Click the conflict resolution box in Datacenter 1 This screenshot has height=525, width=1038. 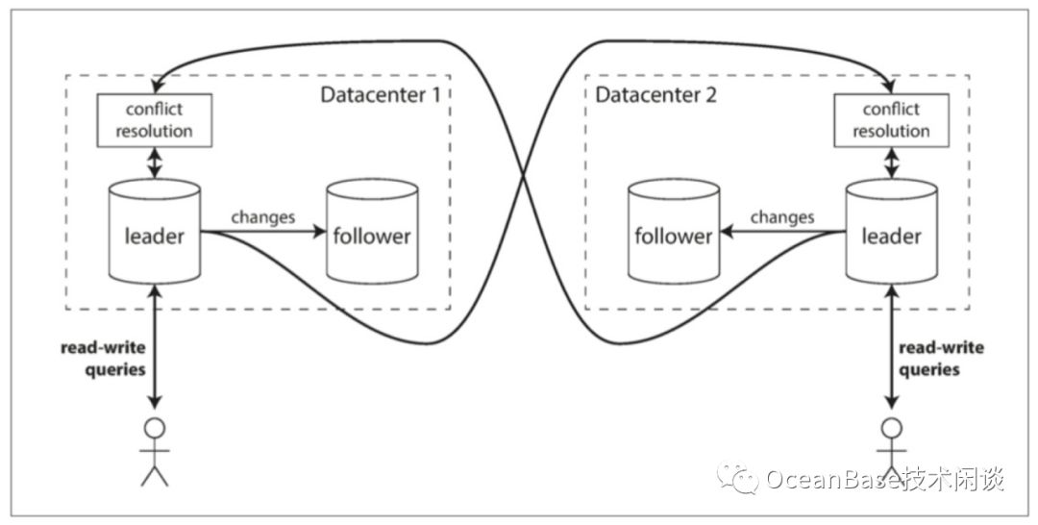coord(154,119)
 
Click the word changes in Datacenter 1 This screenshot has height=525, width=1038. coord(262,216)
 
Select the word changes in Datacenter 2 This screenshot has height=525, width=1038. coord(780,216)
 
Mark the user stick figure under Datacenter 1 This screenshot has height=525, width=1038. coord(154,451)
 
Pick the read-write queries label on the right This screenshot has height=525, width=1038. coord(941,358)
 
